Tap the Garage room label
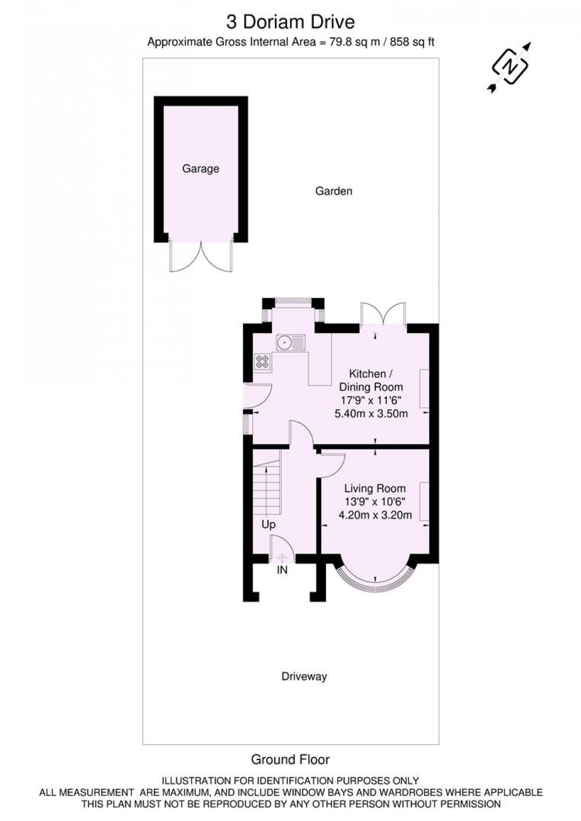tap(200, 169)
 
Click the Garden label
tap(333, 191)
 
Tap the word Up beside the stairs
tap(268, 525)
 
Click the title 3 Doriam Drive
tap(290, 22)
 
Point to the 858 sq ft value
tap(412, 42)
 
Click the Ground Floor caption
tap(290, 759)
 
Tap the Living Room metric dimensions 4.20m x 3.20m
tap(375, 515)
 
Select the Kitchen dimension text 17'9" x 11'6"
tap(371, 400)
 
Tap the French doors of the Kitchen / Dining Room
tap(383, 314)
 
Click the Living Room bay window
tap(375, 583)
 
